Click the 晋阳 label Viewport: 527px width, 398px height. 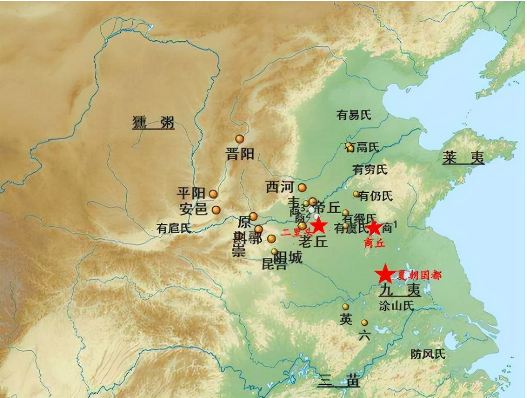pos(240,154)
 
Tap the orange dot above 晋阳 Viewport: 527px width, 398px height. pos(240,139)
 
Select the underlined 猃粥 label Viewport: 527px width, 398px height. pos(153,123)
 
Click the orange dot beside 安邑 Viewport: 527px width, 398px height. pos(216,210)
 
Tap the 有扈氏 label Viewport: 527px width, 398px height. pos(174,228)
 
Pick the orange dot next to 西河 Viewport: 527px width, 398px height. pos(302,187)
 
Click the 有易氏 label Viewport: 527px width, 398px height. pos(354,116)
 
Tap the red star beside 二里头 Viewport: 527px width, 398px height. pos(319,225)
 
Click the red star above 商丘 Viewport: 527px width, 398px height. pos(374,228)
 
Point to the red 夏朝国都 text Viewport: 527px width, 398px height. pos(419,275)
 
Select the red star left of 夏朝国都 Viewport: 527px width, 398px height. pos(385,273)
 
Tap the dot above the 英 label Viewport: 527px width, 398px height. pos(346,307)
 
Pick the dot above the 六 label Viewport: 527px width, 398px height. pos(364,323)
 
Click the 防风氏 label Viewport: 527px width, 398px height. pos(428,354)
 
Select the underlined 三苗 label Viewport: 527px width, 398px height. pos(339,381)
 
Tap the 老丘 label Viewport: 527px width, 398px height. pos(312,242)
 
